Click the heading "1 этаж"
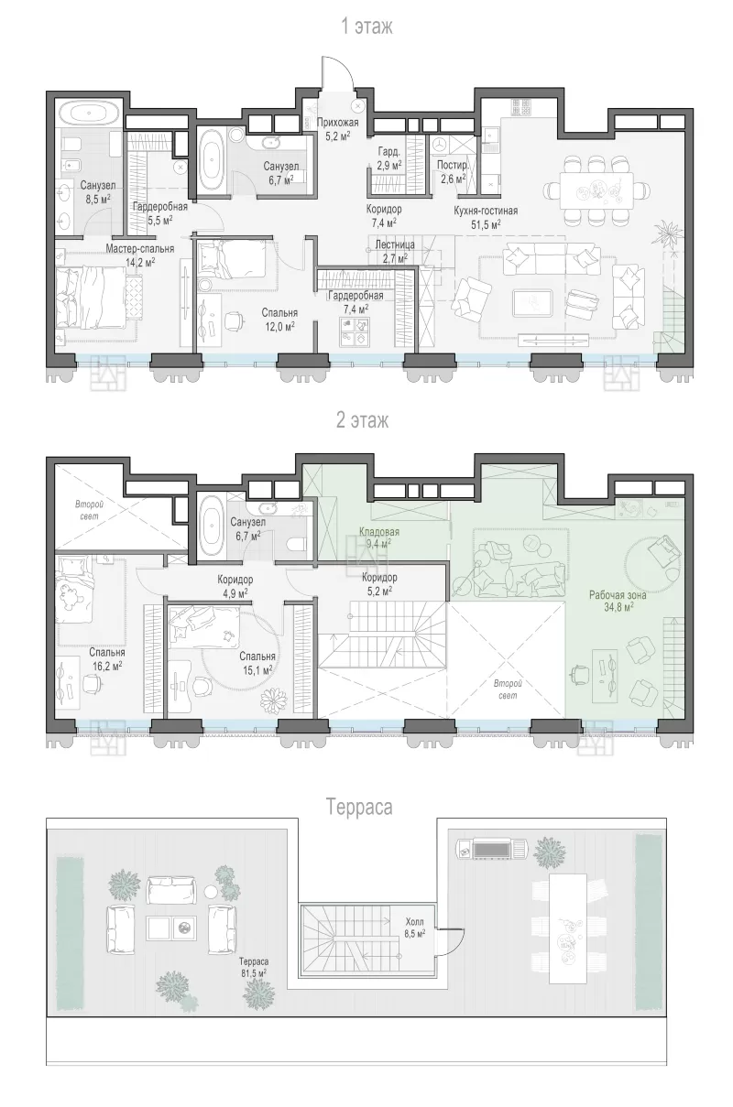[x=366, y=27]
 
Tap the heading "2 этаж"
[x=363, y=420]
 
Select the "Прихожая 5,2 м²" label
[x=338, y=128]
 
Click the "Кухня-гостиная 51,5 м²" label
[x=486, y=217]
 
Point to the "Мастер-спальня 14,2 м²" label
[x=140, y=255]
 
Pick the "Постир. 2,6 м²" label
[x=453, y=171]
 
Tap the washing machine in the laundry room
[x=438, y=146]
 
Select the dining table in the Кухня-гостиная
[x=596, y=190]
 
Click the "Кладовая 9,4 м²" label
[x=379, y=537]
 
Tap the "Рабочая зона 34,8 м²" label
[x=618, y=601]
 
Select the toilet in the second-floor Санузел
[x=296, y=544]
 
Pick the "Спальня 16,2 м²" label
[x=107, y=659]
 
